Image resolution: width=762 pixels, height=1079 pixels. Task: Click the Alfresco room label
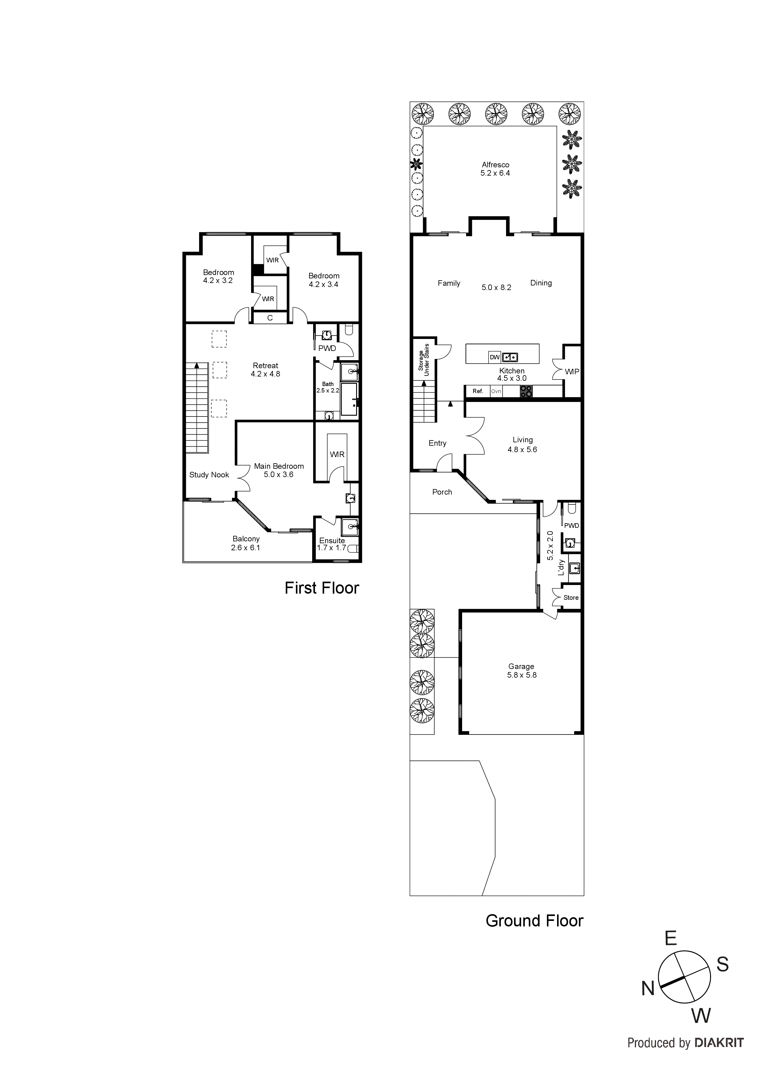click(495, 165)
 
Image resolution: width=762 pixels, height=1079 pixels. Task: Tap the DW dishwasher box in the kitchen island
click(494, 357)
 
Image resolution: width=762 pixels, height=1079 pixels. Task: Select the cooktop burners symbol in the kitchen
click(526, 392)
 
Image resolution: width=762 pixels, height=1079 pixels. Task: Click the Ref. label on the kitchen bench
click(477, 391)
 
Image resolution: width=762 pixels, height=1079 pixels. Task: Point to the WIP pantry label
click(572, 372)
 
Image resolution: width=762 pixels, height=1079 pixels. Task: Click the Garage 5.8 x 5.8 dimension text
click(522, 675)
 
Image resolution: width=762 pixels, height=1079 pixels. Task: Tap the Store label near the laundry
click(571, 598)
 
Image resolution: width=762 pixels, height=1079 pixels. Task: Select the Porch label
click(442, 492)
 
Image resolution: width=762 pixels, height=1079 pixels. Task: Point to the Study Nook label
click(209, 475)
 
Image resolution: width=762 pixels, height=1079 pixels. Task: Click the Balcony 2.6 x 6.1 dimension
click(245, 547)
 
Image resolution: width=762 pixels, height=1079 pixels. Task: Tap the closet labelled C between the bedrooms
click(270, 318)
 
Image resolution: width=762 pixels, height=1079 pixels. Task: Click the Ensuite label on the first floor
click(332, 540)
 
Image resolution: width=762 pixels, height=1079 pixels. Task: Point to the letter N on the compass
click(648, 989)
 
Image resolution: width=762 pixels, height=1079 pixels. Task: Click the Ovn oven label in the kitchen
click(496, 391)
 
